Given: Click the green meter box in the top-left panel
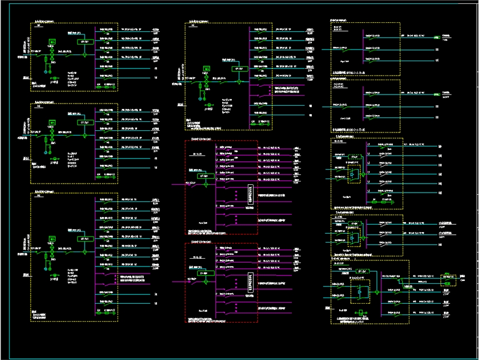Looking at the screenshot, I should point(52,42).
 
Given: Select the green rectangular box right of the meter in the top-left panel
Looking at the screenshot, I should point(85,42).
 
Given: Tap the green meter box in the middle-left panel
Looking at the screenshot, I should point(52,122).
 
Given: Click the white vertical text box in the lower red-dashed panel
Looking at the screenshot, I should point(251,283).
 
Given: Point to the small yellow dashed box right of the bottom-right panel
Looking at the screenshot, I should point(447,279).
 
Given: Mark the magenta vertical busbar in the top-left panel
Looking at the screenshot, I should point(96,56).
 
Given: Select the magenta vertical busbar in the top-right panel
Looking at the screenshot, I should point(363,47).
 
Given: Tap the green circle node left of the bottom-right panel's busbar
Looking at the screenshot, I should point(377,291).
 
